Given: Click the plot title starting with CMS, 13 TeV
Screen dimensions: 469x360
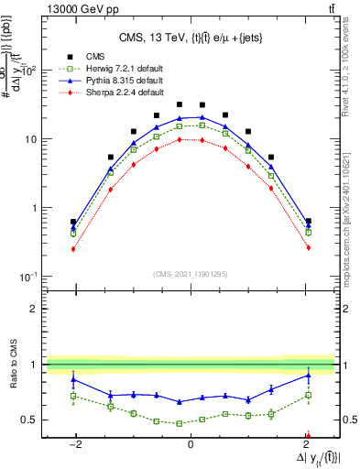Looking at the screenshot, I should coord(190,38).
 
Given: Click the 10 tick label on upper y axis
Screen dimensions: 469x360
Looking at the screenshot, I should coord(30,139).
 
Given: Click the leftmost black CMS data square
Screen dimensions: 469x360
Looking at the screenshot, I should coord(73,222).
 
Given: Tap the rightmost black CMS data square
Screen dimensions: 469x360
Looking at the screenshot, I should coord(308,222).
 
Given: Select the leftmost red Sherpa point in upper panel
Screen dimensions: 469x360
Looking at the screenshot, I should coord(73,248).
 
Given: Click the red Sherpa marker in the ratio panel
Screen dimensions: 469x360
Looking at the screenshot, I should coord(308,435).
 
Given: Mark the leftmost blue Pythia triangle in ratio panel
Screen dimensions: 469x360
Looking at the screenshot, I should coord(73,379).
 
